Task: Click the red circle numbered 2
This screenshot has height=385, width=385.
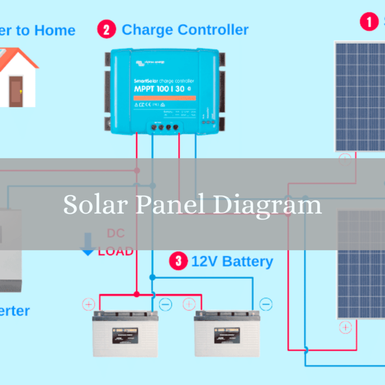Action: [x=106, y=29]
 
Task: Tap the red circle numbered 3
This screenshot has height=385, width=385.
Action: [x=179, y=261]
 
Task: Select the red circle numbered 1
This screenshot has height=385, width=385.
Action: [x=370, y=22]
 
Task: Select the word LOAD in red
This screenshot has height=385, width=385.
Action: [x=115, y=251]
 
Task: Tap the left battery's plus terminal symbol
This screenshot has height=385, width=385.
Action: [x=89, y=304]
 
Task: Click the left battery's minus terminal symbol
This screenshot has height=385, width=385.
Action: [x=165, y=304]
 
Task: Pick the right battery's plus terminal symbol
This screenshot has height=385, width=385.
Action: [x=189, y=304]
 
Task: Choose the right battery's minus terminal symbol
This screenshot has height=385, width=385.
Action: [x=266, y=304]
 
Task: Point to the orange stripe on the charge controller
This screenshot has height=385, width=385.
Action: [x=164, y=98]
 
